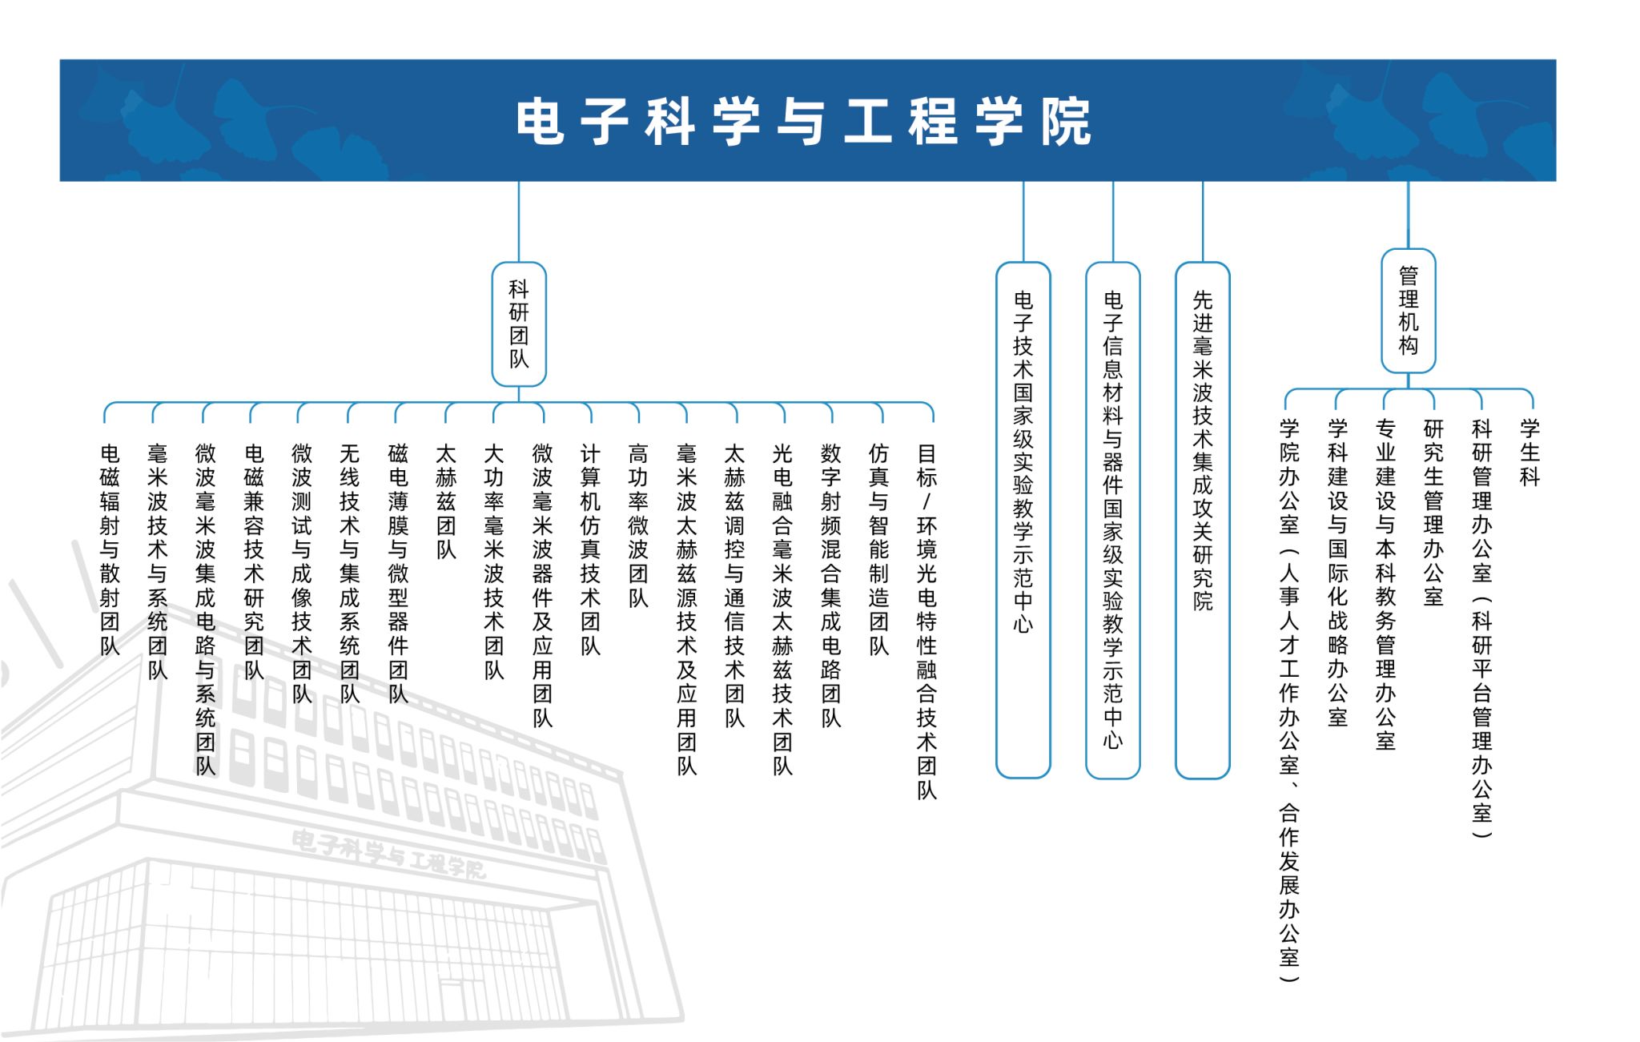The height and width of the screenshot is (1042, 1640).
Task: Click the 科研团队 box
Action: tap(519, 324)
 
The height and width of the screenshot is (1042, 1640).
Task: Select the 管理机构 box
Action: tap(1409, 311)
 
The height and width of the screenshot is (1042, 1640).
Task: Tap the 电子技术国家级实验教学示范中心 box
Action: tap(1023, 520)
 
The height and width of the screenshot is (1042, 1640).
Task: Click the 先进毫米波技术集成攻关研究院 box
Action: tap(1203, 520)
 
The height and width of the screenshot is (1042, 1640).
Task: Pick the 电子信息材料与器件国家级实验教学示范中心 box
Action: tap(1113, 520)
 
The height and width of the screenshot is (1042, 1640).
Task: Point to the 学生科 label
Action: tap(1530, 453)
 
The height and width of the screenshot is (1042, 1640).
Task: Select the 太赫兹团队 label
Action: tap(446, 501)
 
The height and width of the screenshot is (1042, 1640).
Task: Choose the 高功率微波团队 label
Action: tap(638, 525)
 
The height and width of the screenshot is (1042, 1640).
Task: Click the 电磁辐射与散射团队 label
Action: tap(110, 549)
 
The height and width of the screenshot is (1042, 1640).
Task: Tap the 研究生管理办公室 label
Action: tap(1433, 513)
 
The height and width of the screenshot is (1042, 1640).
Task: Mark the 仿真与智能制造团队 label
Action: tap(879, 549)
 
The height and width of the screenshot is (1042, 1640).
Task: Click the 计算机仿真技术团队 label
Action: tap(591, 549)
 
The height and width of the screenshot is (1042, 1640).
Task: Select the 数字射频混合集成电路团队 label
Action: tap(831, 585)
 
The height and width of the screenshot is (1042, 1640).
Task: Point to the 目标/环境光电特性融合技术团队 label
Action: tap(927, 622)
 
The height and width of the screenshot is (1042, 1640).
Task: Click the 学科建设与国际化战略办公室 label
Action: tap(1337, 573)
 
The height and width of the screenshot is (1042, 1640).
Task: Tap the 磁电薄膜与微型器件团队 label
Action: tap(398, 573)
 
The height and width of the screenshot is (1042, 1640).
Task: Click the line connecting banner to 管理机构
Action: tap(1409, 215)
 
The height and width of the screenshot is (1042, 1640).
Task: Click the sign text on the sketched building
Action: tap(388, 855)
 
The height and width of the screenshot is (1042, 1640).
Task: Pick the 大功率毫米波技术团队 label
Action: tap(494, 561)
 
